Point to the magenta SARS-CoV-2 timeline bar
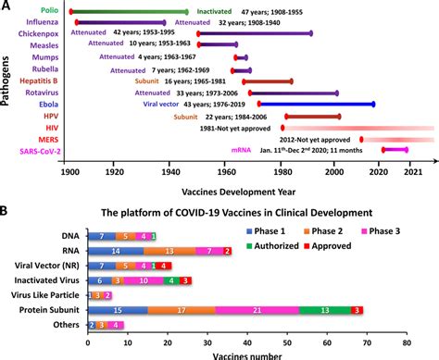(395, 148)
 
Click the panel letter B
(7, 211)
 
